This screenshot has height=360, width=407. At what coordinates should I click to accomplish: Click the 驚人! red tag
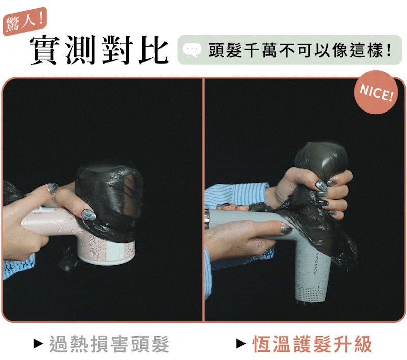25,21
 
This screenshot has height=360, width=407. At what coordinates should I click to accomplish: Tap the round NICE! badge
376,92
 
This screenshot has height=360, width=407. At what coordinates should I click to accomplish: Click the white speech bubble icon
192,50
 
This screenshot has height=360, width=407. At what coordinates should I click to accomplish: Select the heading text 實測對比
99,49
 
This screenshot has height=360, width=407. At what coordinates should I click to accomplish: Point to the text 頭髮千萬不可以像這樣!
300,50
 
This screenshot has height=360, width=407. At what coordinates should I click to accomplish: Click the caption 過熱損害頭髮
109,344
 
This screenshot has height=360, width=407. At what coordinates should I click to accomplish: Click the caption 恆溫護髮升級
312,344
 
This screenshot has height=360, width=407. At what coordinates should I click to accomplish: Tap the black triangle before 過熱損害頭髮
38,344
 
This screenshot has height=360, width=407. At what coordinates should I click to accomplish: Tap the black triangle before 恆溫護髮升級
241,344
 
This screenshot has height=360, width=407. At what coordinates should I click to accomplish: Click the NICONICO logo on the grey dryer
316,263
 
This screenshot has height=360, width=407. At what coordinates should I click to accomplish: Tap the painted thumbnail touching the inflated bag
88,215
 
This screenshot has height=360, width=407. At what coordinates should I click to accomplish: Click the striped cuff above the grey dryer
236,196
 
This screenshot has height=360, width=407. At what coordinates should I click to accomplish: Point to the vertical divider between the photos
203,200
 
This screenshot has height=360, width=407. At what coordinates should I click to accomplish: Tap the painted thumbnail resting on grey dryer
286,229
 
